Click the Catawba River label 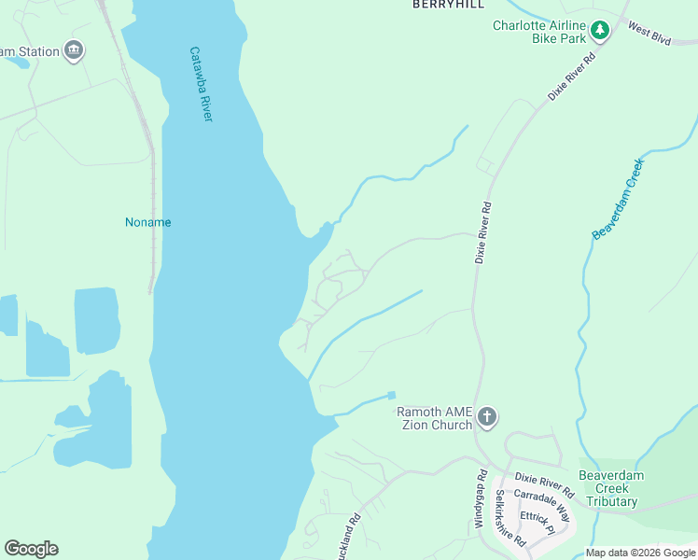pyautogui.click(x=202, y=85)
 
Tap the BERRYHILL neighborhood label pyautogui.click(x=449, y=5)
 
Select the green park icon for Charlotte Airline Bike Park pyautogui.click(x=599, y=32)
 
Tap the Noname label pyautogui.click(x=148, y=222)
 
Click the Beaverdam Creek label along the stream pyautogui.click(x=618, y=199)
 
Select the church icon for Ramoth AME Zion pyautogui.click(x=486, y=417)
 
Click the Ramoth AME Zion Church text pyautogui.click(x=435, y=418)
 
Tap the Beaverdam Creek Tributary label pyautogui.click(x=621, y=488)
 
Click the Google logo pyautogui.click(x=31, y=549)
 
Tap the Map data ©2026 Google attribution pyautogui.click(x=639, y=553)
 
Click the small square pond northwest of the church pyautogui.click(x=391, y=396)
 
